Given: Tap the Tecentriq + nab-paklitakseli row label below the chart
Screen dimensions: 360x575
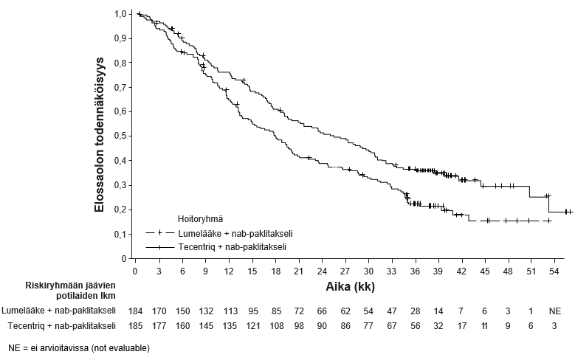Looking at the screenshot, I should coord(58,325).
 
